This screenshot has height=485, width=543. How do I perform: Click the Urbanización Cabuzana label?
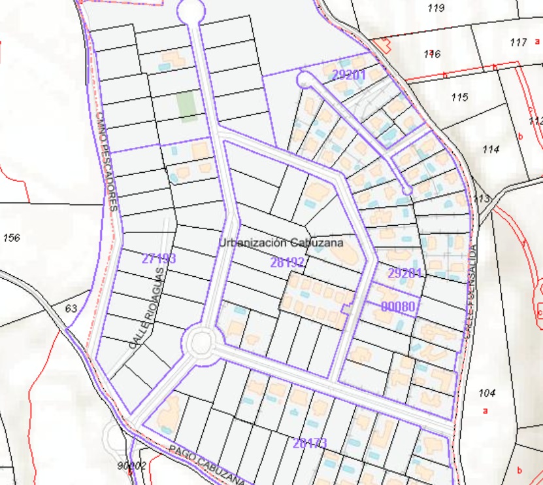coord(280,242)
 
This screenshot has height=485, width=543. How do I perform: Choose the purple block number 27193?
coord(159,259)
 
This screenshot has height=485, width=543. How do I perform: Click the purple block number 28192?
coord(288,262)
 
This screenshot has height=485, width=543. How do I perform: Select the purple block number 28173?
coord(310,443)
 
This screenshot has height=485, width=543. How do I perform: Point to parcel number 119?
coord(435,8)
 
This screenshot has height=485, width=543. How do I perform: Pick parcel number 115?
coord(460,98)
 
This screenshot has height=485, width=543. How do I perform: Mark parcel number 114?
coord(491,149)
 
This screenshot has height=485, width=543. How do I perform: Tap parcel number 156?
coord(12,237)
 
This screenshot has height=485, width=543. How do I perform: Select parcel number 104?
coord(487,393)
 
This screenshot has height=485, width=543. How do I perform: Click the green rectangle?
coord(188,106)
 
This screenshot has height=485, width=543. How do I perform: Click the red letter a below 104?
coord(485,411)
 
